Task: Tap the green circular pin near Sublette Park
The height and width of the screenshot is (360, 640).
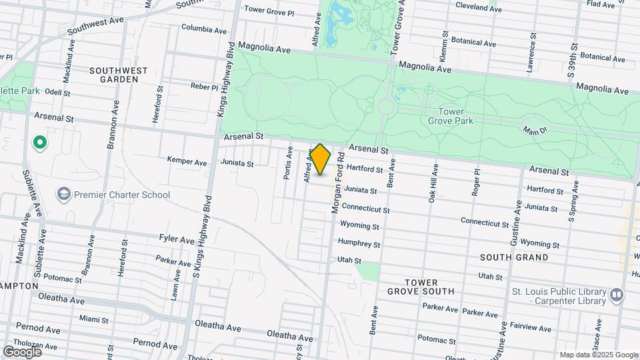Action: (x=39, y=141)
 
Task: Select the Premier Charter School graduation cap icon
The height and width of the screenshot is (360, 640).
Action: (x=64, y=195)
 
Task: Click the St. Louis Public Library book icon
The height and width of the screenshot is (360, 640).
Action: (x=617, y=294)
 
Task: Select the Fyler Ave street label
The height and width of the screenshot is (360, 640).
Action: (x=176, y=238)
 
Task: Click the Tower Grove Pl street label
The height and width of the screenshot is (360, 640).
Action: (x=269, y=11)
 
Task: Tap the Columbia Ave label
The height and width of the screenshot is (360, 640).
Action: (x=204, y=29)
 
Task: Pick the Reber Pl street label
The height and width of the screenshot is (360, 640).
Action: (x=204, y=87)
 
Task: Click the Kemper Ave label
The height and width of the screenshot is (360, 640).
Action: (x=187, y=162)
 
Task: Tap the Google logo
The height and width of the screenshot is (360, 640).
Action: (x=23, y=352)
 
